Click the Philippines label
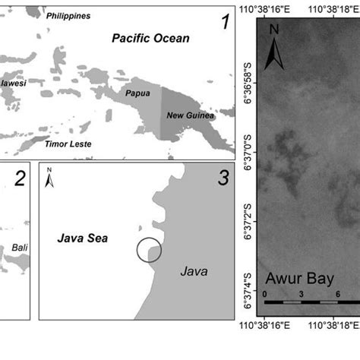(x=68, y=16)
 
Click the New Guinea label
(x=190, y=116)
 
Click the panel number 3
(x=223, y=179)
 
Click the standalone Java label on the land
(x=194, y=271)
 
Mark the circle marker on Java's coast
(x=149, y=250)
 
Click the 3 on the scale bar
(x=302, y=293)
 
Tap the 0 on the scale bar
(x=265, y=293)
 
